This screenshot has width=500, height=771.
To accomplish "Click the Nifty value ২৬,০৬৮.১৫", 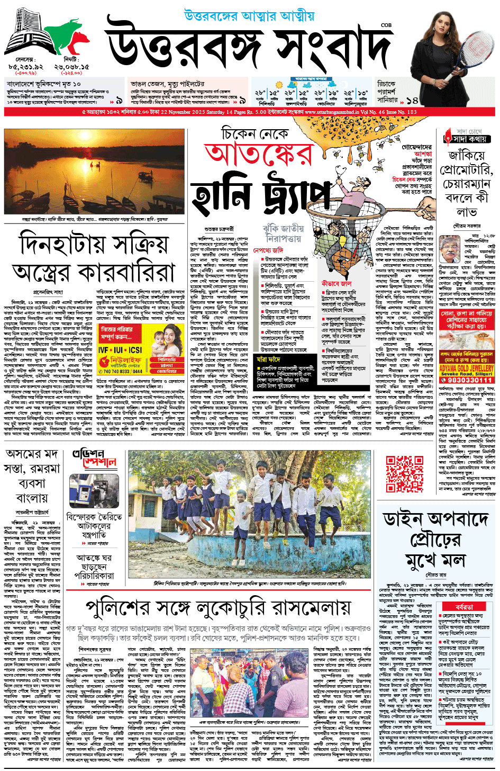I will tap(71, 67).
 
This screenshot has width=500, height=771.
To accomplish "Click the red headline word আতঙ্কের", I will tap(259, 154).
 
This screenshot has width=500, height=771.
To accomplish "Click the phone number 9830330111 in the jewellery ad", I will tap(466, 380).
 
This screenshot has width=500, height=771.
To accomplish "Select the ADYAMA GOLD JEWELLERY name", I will tap(466, 367).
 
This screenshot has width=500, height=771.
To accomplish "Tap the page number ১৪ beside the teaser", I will tap(412, 100).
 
